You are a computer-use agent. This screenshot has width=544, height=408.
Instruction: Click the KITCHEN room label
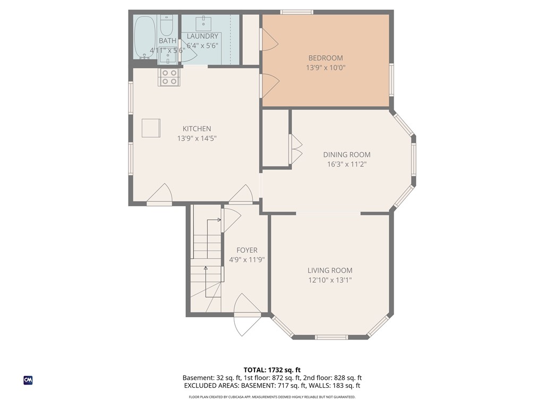(x=197, y=129)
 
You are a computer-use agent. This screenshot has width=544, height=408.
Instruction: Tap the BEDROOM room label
(x=326, y=58)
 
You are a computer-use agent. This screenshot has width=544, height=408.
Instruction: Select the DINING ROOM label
(x=346, y=155)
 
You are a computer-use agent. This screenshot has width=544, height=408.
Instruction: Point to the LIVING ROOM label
(x=329, y=270)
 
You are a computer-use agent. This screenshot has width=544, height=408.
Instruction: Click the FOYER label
(x=246, y=250)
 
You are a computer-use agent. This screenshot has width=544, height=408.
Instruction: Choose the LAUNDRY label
(x=202, y=36)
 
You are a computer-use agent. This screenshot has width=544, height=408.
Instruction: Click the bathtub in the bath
(x=144, y=37)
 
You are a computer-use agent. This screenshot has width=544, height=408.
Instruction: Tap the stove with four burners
(x=169, y=78)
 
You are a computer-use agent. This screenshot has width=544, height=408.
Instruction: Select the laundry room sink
(x=204, y=23)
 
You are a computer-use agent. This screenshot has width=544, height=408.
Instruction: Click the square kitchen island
(x=150, y=128)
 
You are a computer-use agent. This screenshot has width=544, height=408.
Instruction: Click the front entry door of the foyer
(x=246, y=316)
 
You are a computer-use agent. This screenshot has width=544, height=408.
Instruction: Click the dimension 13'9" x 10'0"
(x=326, y=68)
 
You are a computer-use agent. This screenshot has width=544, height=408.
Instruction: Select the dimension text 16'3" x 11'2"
(x=346, y=164)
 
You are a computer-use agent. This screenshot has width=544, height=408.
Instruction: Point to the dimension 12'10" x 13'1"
(x=329, y=280)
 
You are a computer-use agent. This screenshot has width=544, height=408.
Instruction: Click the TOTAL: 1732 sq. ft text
(x=272, y=370)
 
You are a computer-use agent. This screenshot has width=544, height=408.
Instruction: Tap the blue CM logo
(x=28, y=380)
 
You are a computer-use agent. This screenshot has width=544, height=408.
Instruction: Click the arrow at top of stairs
(x=218, y=219)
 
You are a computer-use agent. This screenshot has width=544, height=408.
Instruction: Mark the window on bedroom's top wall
(x=296, y=12)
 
